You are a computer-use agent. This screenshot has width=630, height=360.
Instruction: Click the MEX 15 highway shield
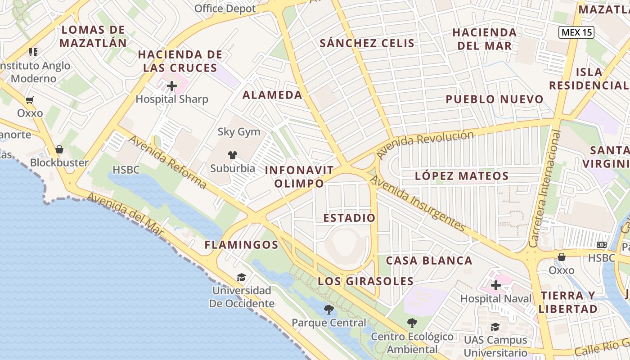coord(576,32)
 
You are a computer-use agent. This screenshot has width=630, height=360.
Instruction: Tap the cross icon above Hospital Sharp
coord(171,85)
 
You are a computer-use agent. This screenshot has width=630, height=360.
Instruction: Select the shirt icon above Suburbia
coord(232,155)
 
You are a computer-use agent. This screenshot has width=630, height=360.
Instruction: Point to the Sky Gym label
coord(239,132)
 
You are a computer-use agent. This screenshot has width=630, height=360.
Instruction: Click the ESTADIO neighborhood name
coord(349,218)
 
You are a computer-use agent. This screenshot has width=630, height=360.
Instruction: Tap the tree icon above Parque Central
coord(329,310)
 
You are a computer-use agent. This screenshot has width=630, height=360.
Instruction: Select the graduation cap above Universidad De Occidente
coord(242,277)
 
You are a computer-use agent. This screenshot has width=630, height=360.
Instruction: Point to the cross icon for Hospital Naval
coord(495,285)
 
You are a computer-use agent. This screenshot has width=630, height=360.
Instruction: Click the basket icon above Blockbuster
coord(59,149)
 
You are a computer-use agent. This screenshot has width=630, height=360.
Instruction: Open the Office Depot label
coord(225,9)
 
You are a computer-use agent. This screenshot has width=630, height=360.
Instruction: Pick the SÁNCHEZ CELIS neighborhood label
coord(367,43)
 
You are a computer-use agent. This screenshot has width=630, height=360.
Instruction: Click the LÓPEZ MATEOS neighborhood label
coord(462,176)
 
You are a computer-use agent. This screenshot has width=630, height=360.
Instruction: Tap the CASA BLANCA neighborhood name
coord(429,261)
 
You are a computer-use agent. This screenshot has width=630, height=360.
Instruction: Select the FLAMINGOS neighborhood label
coord(242,245)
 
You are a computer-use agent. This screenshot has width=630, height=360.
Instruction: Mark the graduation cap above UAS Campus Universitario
coord(495,327)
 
